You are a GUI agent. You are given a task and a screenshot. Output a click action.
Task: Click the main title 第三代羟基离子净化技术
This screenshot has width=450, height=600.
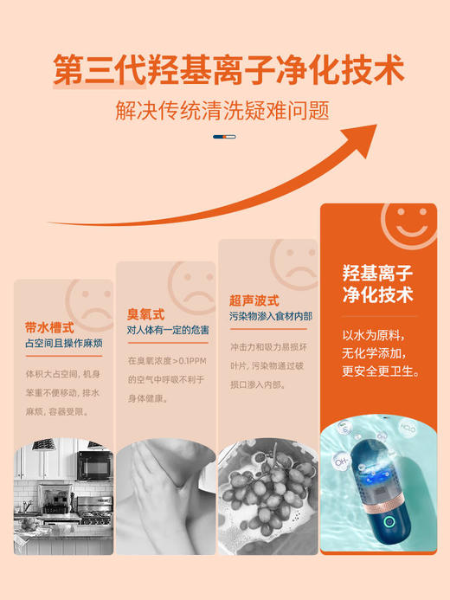(x=228, y=69)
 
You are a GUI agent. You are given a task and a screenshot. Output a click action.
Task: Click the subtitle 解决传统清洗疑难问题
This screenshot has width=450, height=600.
(x=223, y=113)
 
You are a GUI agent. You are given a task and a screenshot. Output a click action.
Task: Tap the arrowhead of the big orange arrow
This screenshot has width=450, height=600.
(x=364, y=138)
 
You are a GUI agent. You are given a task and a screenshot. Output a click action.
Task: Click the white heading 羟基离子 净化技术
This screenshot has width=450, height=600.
(x=378, y=284)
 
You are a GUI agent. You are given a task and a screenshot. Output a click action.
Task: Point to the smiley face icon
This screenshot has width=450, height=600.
(x=407, y=227)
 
